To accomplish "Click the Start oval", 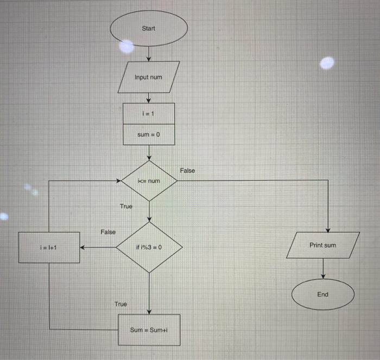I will [149, 29].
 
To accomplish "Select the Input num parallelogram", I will [149, 77].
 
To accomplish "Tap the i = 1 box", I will [149, 113].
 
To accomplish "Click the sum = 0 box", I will [149, 134].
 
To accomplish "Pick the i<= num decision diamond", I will [149, 181].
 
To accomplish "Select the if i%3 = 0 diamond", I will [149, 247].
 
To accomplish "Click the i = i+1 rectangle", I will [49, 247].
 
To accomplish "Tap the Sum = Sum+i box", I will [149, 330].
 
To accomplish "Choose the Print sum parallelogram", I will [323, 245].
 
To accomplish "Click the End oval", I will [323, 294].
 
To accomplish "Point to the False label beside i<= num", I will [187, 170].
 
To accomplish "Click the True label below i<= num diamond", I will [126, 206].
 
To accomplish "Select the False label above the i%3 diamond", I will [107, 232].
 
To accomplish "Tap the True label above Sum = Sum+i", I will [121, 304].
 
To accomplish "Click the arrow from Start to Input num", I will [149, 53].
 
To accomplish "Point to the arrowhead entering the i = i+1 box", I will [83, 247].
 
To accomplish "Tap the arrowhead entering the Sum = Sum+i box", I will [149, 311].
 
